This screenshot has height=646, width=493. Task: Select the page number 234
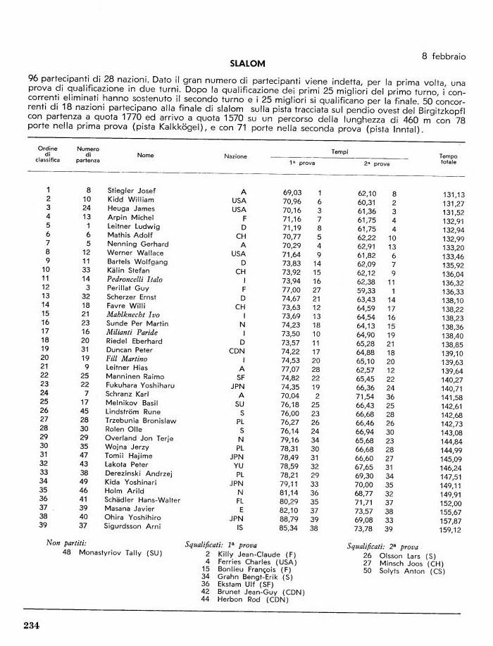35,626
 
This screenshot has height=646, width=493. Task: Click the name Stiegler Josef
131,191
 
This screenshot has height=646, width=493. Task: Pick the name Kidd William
130,200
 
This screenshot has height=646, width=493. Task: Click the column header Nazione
235,156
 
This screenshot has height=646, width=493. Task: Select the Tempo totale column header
448,159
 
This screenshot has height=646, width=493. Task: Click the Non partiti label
66,544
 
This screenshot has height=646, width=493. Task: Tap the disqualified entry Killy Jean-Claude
248,554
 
